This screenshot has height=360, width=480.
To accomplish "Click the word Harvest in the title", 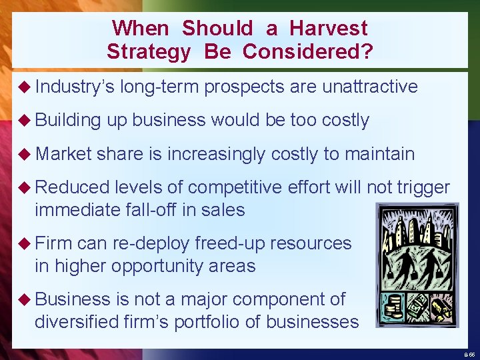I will pyautogui.click(x=328, y=28).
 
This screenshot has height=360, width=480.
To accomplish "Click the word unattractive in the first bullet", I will pyautogui.click(x=369, y=87).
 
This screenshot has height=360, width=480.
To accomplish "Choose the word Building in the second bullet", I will pyautogui.click(x=68, y=120).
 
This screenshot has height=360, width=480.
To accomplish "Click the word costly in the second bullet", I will pyautogui.click(x=345, y=120).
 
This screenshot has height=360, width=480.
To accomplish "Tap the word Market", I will pyautogui.click(x=63, y=155).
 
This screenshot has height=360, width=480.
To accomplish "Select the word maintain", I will pyautogui.click(x=379, y=155).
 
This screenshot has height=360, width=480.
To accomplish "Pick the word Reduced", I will pyautogui.click(x=72, y=188).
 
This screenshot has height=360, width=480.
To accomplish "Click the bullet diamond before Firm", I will pyautogui.click(x=25, y=244).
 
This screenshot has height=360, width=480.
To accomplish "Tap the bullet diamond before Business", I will pyautogui.click(x=25, y=300).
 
